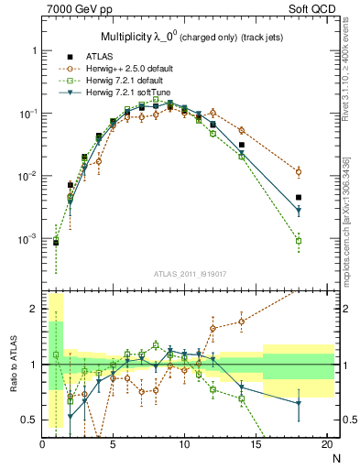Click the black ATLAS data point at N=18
(x=299, y=197)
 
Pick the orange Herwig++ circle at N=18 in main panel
(x=299, y=171)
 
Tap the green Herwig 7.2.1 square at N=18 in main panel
(x=299, y=241)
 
